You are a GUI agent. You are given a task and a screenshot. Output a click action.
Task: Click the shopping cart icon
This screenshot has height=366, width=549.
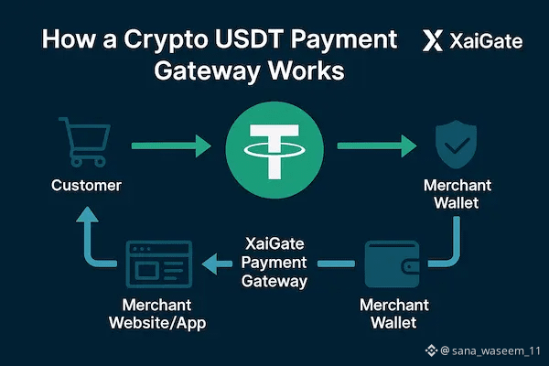coord(83,143)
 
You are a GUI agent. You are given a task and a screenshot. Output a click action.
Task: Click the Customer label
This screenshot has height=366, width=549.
coord(86,187)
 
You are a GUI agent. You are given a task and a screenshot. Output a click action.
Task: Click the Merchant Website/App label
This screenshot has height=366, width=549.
coord(157,314)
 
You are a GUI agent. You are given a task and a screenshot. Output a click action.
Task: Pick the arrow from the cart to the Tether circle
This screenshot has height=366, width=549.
coord(171,146)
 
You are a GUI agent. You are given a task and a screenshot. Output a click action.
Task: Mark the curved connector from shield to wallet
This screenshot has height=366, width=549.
coord(448,247)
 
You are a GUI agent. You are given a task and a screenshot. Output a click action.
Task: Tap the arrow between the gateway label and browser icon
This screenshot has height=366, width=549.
coord(215,264)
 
